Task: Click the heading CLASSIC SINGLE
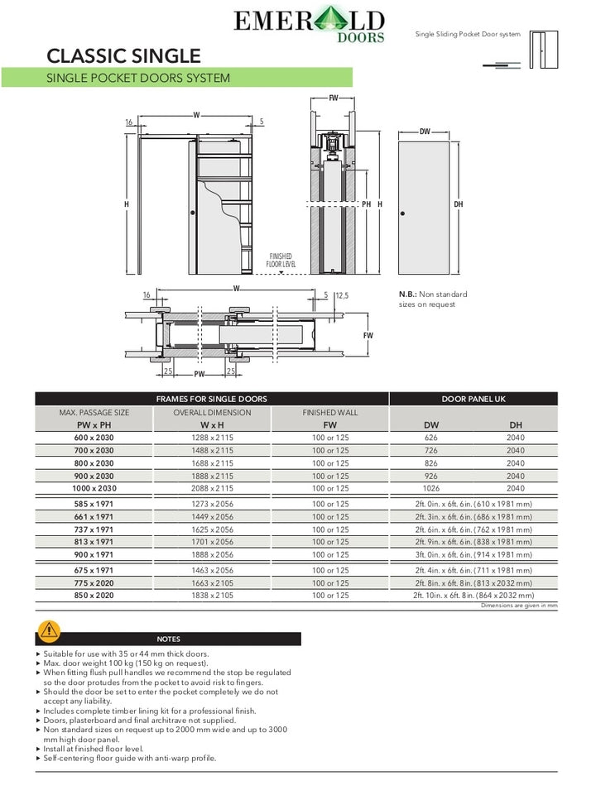(x=124, y=56)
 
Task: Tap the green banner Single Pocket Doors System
(x=139, y=79)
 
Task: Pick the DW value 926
(x=430, y=477)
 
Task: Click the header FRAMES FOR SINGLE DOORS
(x=212, y=399)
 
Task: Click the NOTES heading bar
(x=168, y=639)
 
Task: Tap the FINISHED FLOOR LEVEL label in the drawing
(x=281, y=261)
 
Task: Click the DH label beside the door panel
(x=459, y=205)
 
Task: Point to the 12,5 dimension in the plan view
(x=341, y=295)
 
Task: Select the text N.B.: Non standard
(x=433, y=295)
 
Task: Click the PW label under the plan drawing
(x=199, y=373)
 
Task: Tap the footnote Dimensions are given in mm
(x=519, y=606)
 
